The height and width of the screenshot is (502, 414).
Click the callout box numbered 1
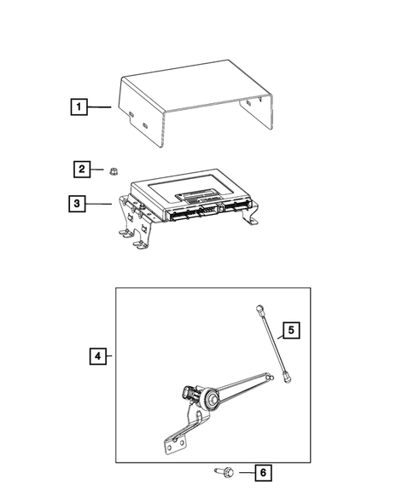click(x=79, y=107)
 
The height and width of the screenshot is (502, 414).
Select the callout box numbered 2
click(x=82, y=169)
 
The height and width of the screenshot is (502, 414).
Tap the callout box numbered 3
click(x=77, y=204)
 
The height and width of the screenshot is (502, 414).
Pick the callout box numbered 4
click(x=98, y=355)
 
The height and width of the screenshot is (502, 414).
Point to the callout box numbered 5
click(x=291, y=330)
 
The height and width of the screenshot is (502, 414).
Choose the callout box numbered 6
click(x=263, y=472)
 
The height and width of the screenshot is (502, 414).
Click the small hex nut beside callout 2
click(x=113, y=171)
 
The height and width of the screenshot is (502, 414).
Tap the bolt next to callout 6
click(x=224, y=471)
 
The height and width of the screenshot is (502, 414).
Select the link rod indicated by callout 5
click(x=273, y=344)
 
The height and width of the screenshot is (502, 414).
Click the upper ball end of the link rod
click(x=259, y=309)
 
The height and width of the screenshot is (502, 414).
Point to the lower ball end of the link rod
click(x=287, y=378)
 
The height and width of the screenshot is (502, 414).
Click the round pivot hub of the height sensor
click(x=211, y=398)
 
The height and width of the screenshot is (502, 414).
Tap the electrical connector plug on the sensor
click(x=188, y=393)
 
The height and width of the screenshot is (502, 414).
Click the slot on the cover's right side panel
click(x=249, y=103)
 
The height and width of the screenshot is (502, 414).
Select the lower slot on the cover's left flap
click(x=144, y=125)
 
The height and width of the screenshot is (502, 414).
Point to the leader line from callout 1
click(x=99, y=107)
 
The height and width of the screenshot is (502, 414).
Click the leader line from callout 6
click(x=247, y=472)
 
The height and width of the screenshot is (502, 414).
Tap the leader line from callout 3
click(x=98, y=204)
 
